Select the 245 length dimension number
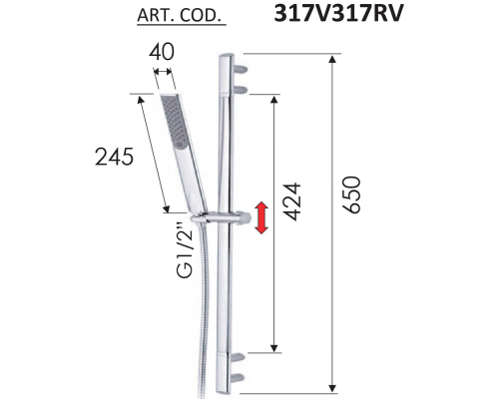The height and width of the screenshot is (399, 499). (115, 157)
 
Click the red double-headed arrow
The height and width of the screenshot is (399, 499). (261, 217)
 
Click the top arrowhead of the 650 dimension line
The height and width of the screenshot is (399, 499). (329, 60)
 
